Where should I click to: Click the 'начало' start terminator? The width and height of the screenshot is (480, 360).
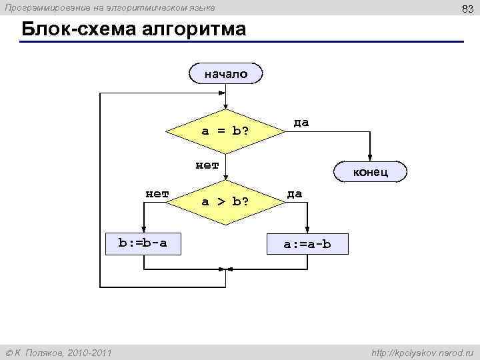pos(225,74)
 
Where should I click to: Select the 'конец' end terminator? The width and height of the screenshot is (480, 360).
pos(371,171)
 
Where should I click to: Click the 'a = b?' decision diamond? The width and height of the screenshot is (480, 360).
pos(225,130)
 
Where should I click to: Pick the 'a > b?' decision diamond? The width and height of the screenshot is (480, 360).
pos(225,201)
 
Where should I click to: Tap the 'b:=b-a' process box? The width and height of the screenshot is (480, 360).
pos(143,243)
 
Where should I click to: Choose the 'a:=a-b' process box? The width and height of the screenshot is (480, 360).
pos(307,244)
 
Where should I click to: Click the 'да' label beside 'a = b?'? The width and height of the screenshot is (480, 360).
pos(301,123)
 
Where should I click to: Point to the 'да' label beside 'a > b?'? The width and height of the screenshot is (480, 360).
pos(295,193)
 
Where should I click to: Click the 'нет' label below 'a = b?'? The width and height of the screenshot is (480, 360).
pos(207,165)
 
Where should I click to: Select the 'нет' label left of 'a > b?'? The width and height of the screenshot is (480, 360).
pos(157,194)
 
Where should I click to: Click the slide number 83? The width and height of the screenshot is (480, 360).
pos(467,8)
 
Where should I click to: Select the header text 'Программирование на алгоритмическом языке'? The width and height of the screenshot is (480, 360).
pos(110,7)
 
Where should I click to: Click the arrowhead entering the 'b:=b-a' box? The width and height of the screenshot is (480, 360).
pos(143,229)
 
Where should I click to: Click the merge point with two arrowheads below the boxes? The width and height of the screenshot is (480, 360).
pos(225,269)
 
